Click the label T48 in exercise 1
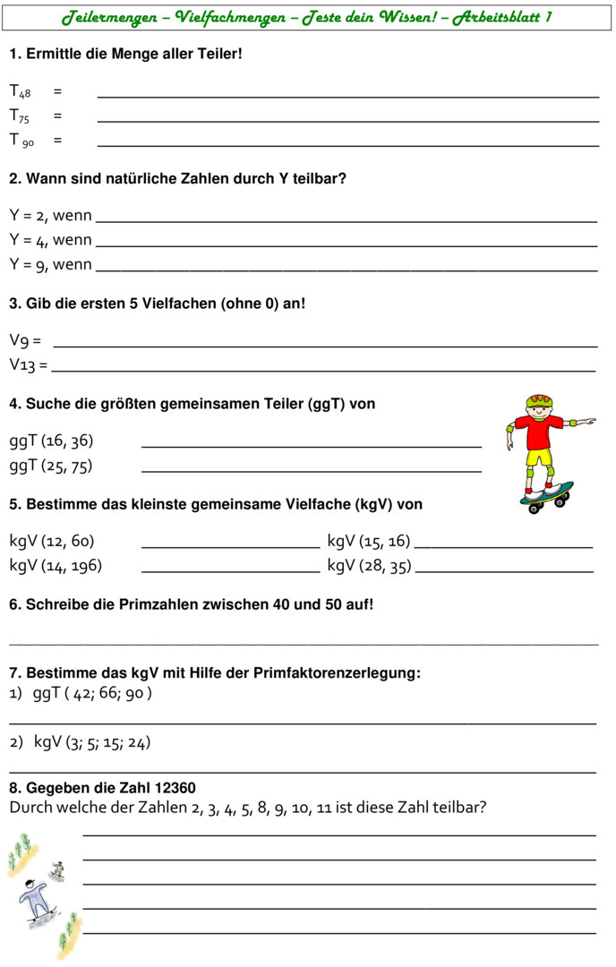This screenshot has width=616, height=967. [x=20, y=91]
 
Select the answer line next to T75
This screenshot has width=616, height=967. [x=347, y=121]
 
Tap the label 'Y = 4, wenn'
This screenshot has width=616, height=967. [x=50, y=240]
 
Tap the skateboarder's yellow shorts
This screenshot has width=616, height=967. [x=539, y=458]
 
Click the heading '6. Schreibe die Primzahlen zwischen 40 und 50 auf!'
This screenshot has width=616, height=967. [x=191, y=604]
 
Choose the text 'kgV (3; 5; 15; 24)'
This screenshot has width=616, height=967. [x=92, y=742]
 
